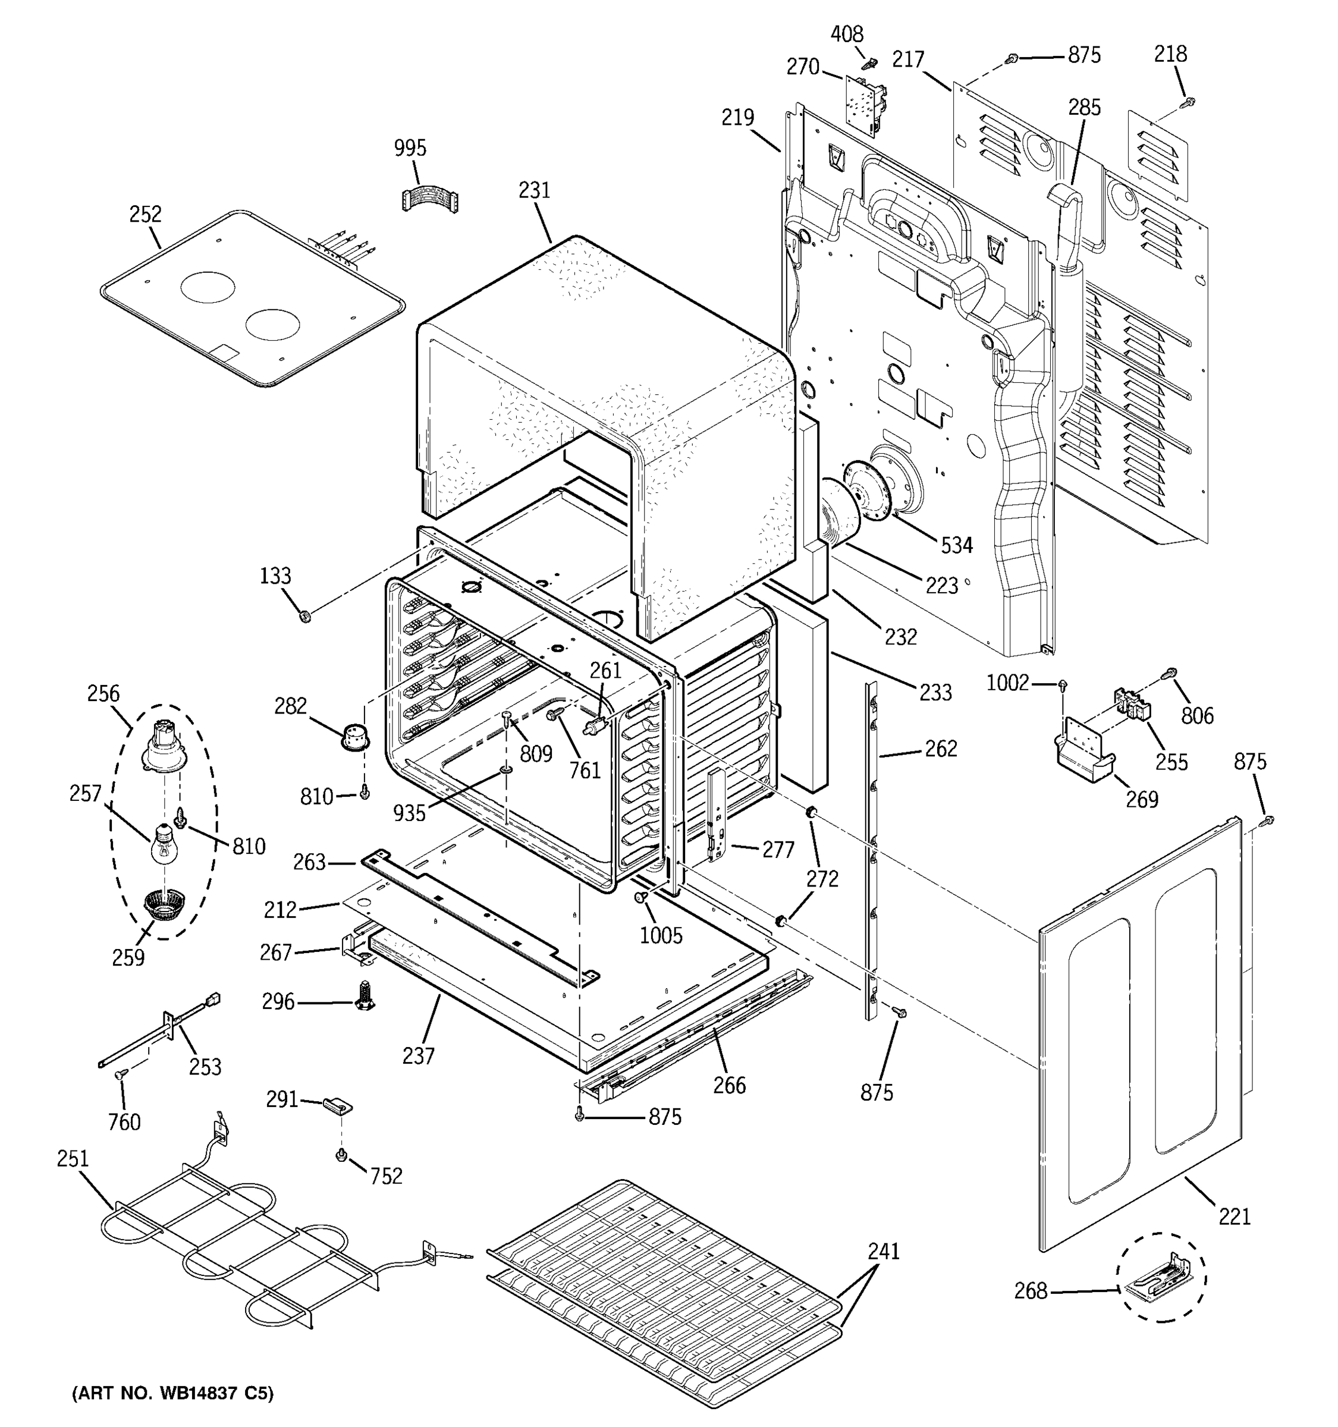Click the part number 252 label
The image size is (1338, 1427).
tap(145, 214)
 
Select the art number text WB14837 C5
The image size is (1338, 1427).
tap(173, 1393)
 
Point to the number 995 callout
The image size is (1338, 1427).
tap(410, 148)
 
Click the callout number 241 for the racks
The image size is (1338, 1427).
tap(883, 1251)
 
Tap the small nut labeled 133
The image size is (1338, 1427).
tap(304, 616)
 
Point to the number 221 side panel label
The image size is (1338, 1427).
tap(1234, 1216)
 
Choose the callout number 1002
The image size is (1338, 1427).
tap(1007, 683)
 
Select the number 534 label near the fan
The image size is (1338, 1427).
tap(956, 546)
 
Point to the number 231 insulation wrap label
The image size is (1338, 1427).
tap(534, 190)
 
